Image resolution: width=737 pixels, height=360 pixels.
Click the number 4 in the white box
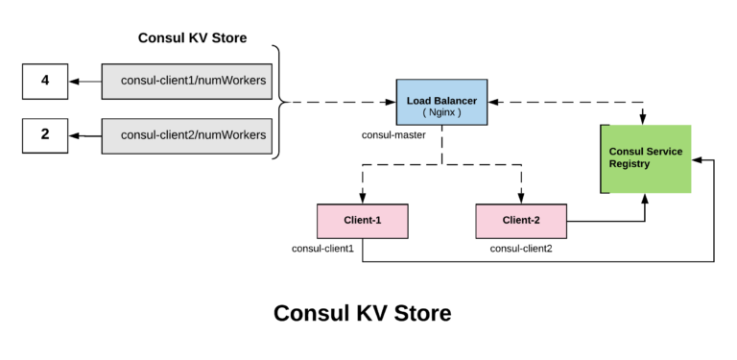coord(45,81)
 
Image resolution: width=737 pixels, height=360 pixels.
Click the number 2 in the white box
coord(45,134)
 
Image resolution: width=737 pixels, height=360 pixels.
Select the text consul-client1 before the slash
coord(156,82)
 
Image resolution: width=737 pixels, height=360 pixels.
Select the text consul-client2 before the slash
coord(156,135)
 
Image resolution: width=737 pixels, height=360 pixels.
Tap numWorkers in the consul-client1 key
coord(231,82)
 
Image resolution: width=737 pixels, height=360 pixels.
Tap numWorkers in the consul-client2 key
coord(231,135)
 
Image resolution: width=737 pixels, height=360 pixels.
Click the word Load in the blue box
coord(419,100)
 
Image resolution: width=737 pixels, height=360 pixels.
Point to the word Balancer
coord(455,100)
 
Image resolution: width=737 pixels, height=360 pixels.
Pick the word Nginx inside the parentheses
coord(442,112)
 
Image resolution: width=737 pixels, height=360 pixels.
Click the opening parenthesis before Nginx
coord(424,112)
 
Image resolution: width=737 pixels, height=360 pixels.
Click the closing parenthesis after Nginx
coord(460,112)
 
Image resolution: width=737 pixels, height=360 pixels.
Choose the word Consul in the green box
coord(627,152)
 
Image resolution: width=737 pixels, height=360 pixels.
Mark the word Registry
coord(630,164)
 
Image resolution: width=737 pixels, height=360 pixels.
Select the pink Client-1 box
coord(363,221)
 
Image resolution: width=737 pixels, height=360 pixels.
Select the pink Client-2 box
coord(521,221)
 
